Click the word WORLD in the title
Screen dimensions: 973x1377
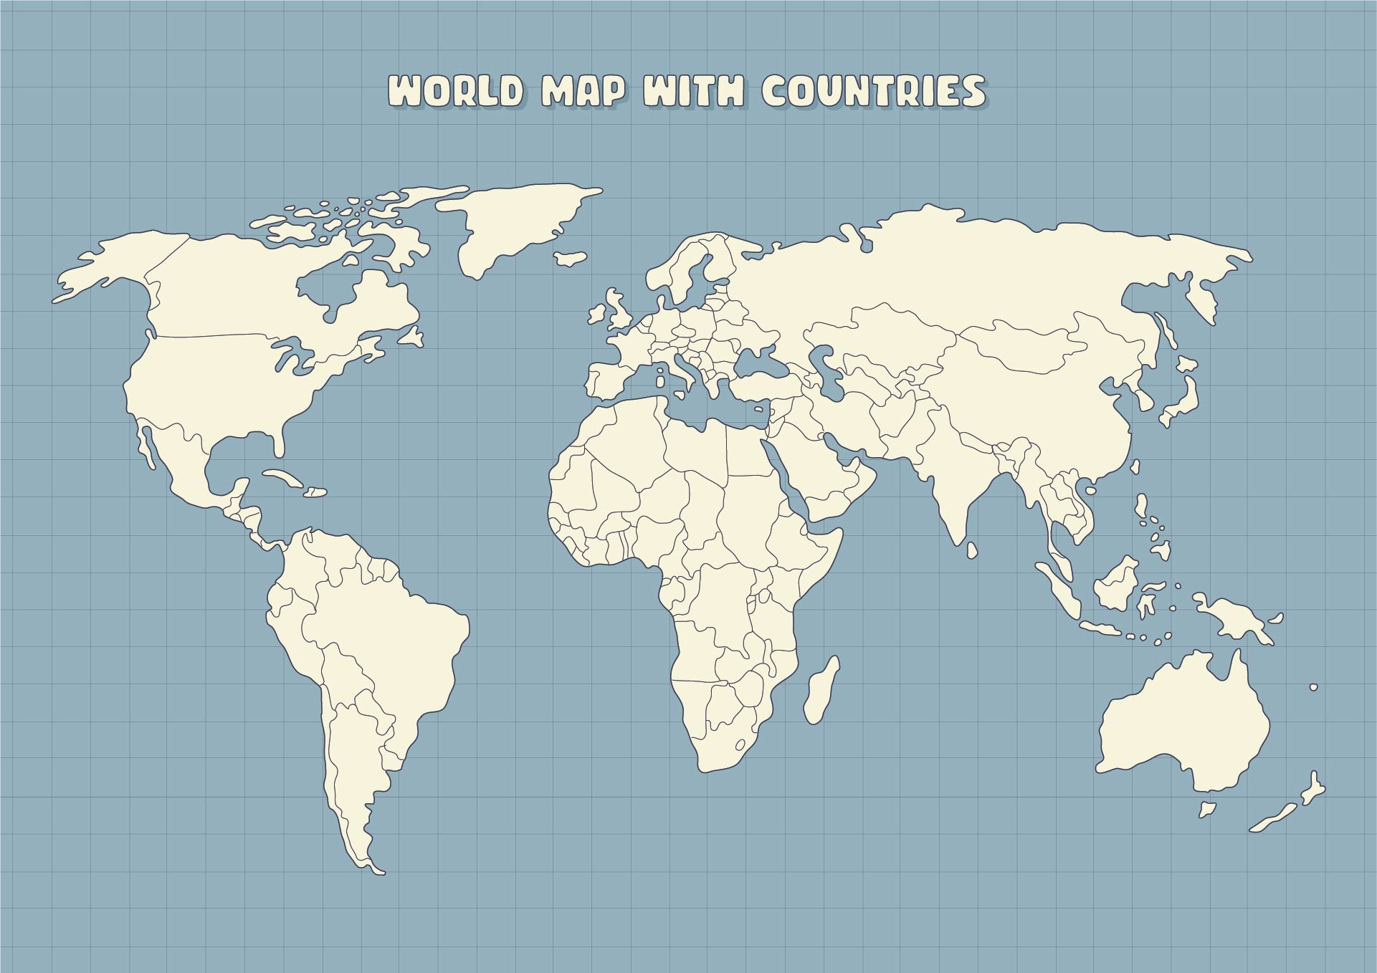pos(454,91)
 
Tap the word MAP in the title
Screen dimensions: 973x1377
pos(581,92)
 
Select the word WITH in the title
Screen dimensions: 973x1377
pos(692,92)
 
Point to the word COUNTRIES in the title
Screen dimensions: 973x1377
pos(872,91)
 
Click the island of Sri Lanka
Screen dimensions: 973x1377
pos(972,550)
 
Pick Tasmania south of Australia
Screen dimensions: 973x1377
pos(1208,809)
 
